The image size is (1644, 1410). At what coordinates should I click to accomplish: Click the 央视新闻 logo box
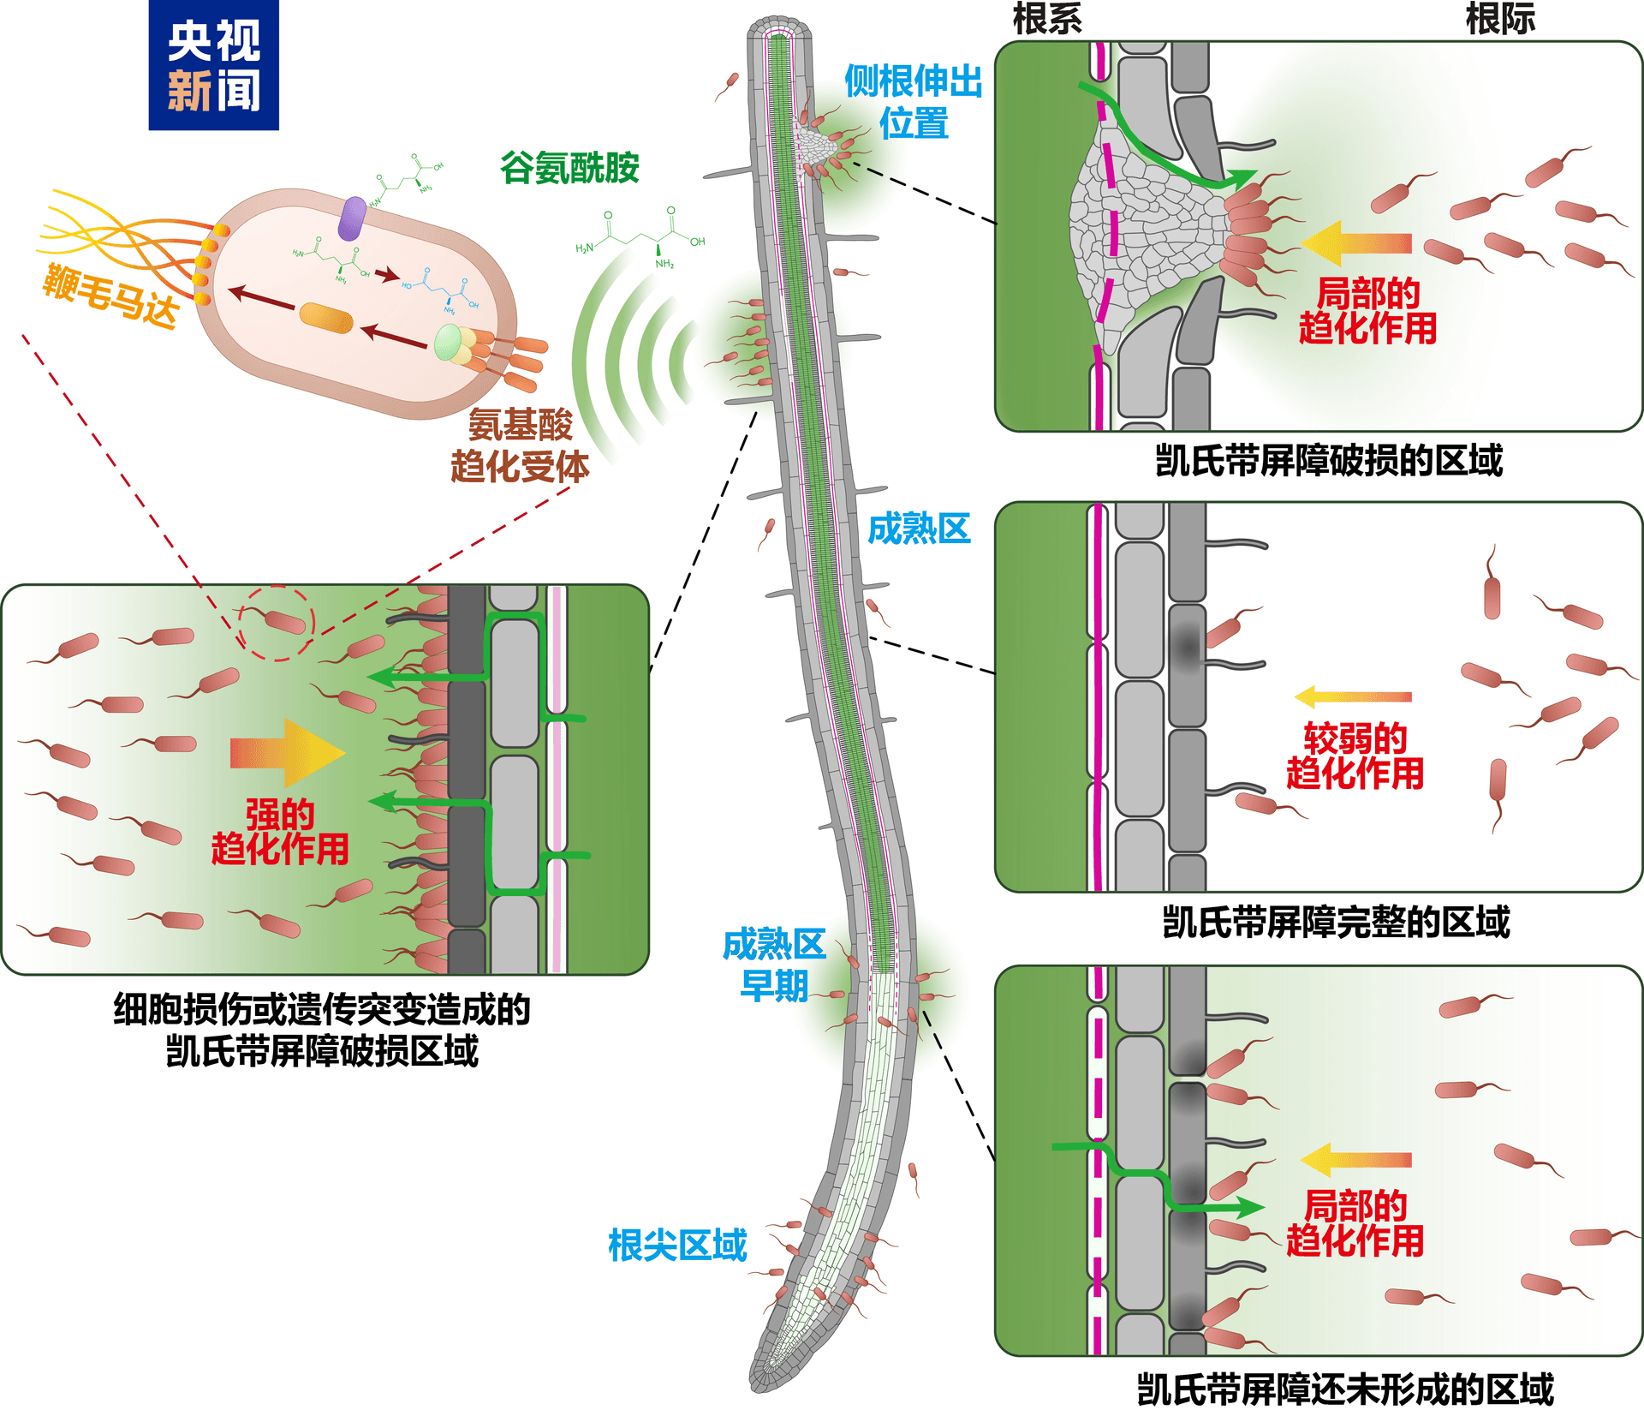(x=213, y=65)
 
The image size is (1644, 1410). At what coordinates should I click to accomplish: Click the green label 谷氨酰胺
(x=569, y=168)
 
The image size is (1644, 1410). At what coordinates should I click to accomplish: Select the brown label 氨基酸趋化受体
(x=520, y=445)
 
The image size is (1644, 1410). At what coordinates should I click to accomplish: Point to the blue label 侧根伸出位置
(x=913, y=102)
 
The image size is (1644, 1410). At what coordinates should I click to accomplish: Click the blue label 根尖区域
(x=677, y=1245)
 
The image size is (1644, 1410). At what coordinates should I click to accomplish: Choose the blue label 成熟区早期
(x=774, y=965)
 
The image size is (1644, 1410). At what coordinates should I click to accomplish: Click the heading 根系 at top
(x=1047, y=18)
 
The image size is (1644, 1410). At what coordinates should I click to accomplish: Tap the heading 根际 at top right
(x=1500, y=18)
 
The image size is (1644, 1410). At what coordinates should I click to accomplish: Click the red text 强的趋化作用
(x=280, y=832)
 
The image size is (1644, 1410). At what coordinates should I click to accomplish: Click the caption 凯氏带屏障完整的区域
(x=1336, y=922)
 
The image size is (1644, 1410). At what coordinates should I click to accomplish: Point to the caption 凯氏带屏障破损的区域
(x=1329, y=460)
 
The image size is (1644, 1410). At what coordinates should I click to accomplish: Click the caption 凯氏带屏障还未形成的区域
(x=1345, y=1389)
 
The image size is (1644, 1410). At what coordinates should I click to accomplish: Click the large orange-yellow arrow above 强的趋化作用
(x=287, y=752)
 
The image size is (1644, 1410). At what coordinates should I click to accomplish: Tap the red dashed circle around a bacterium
(x=276, y=623)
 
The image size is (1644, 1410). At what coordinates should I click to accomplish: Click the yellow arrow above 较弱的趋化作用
(x=1353, y=696)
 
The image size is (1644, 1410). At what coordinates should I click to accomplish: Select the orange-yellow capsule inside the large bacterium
(x=326, y=319)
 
